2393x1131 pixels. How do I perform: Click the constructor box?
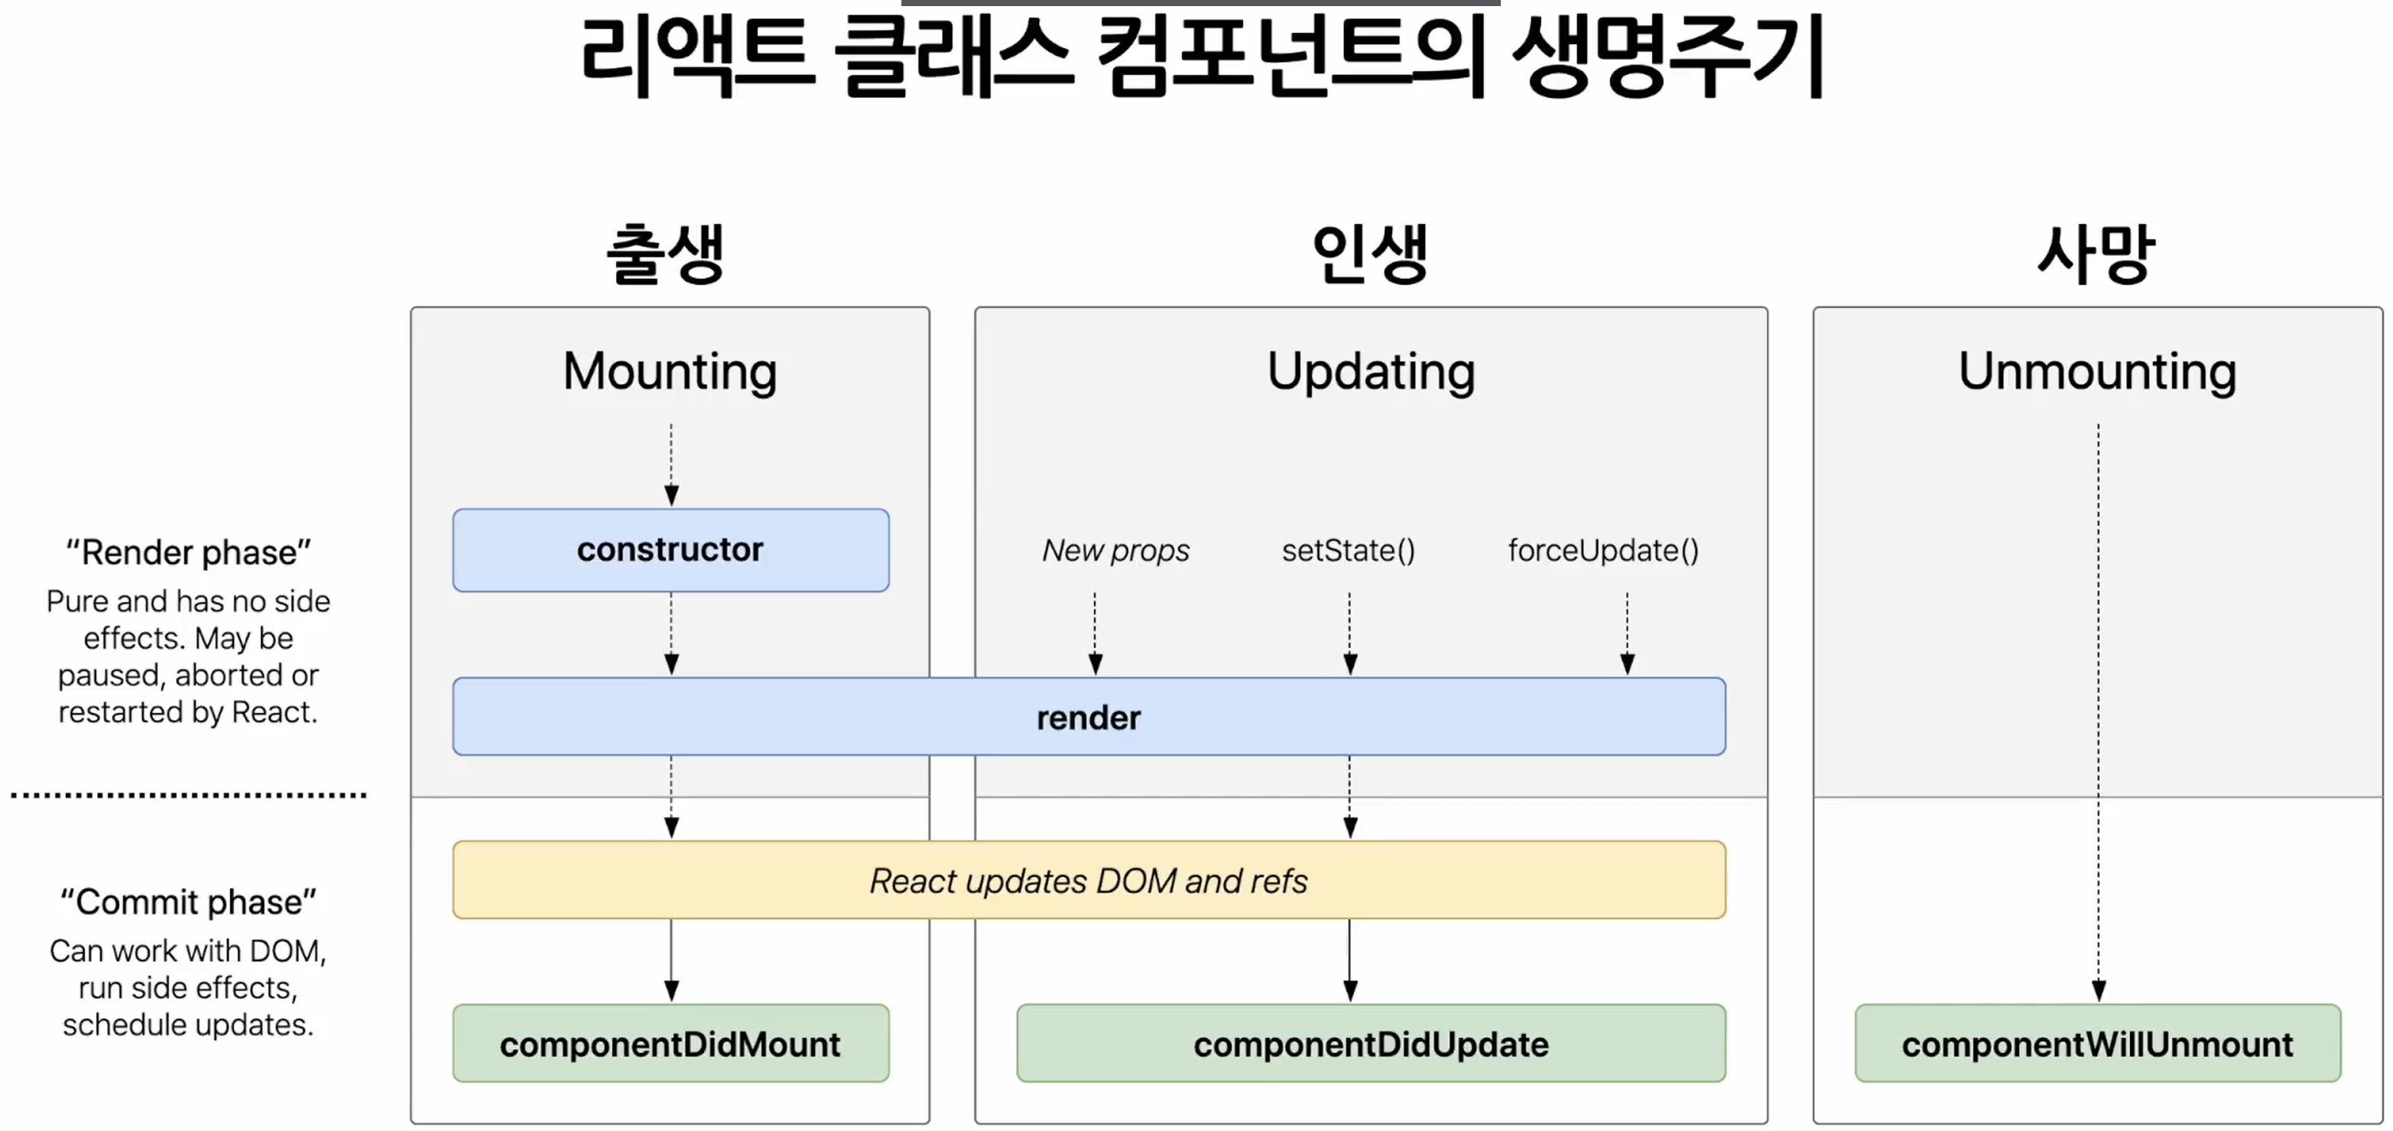[x=670, y=549]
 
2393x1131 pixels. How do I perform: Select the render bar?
[x=1088, y=717]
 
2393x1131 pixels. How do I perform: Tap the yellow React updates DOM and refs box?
[x=1088, y=880]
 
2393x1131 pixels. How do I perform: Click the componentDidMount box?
[x=670, y=1044]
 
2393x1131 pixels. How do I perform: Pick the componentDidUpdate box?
[x=1370, y=1044]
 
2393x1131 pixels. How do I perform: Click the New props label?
[x=1115, y=551]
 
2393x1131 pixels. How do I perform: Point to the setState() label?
[x=1348, y=551]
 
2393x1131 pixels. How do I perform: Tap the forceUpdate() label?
[x=1602, y=551]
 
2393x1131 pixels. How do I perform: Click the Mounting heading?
[x=670, y=371]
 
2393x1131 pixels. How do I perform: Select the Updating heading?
[x=1370, y=371]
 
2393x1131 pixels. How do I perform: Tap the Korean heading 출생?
[x=665, y=254]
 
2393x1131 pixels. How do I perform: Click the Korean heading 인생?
[x=1369, y=254]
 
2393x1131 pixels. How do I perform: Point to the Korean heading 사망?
[x=2096, y=254]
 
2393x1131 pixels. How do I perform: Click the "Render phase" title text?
[x=189, y=553]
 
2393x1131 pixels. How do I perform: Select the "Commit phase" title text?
[x=189, y=902]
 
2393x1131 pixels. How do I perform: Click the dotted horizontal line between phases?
[x=189, y=795]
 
